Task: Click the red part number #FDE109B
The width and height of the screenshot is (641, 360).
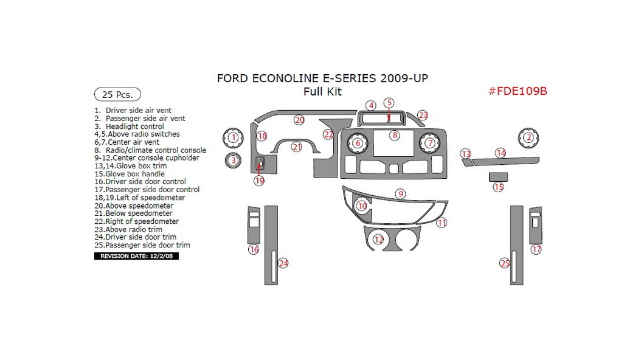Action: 518,91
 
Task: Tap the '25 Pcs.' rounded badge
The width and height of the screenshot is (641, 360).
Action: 117,94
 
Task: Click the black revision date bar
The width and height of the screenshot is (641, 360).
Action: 136,256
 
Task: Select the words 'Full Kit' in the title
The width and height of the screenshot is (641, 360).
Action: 323,92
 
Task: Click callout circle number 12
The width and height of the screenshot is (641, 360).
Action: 379,240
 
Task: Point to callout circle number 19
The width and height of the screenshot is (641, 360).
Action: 260,181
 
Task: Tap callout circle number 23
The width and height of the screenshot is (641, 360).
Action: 423,115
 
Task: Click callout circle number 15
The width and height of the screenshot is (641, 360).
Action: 499,187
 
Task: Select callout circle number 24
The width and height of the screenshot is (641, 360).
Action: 283,263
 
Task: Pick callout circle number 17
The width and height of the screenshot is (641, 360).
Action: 536,249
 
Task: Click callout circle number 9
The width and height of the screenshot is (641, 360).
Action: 400,194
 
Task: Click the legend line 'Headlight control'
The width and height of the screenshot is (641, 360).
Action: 134,126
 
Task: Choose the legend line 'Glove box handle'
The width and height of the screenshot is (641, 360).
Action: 134,174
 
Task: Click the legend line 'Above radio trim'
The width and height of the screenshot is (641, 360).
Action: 133,229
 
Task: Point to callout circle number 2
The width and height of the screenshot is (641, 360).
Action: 528,137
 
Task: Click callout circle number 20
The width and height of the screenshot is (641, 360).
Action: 299,120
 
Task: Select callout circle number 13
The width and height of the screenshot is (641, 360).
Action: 466,154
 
